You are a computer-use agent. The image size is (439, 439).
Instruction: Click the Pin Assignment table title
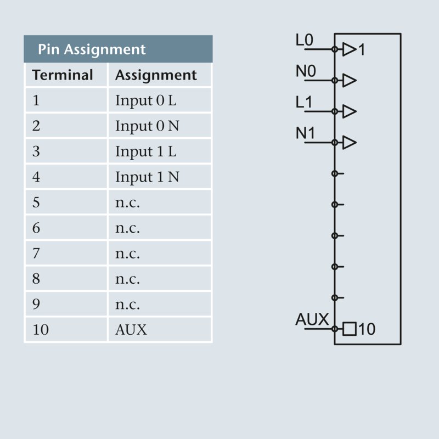click(92, 49)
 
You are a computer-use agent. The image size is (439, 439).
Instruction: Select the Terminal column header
click(63, 75)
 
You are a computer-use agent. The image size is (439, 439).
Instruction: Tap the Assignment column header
click(156, 75)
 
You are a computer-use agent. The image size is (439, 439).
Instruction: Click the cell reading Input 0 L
click(146, 100)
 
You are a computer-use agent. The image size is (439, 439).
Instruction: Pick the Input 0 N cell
click(147, 126)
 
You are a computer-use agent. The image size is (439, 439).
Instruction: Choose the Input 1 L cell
click(146, 151)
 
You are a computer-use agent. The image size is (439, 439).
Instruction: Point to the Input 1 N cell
click(147, 177)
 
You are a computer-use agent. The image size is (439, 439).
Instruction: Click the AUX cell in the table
click(131, 330)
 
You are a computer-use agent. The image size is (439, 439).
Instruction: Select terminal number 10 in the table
click(41, 330)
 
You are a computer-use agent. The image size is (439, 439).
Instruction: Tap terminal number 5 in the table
click(36, 202)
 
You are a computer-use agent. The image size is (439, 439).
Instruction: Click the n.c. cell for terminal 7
click(127, 254)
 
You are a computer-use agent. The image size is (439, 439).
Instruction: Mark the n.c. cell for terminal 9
click(127, 305)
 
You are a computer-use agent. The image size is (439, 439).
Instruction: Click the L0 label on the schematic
click(305, 41)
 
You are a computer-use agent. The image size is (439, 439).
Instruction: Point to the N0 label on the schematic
click(306, 72)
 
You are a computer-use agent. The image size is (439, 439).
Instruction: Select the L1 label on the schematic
click(305, 103)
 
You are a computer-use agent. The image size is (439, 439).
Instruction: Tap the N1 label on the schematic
click(306, 134)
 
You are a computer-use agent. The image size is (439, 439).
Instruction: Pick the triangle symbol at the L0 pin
click(349, 49)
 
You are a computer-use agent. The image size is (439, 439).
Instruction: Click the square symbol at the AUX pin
click(349, 329)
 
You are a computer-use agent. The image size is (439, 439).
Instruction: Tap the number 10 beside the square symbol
click(367, 329)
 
